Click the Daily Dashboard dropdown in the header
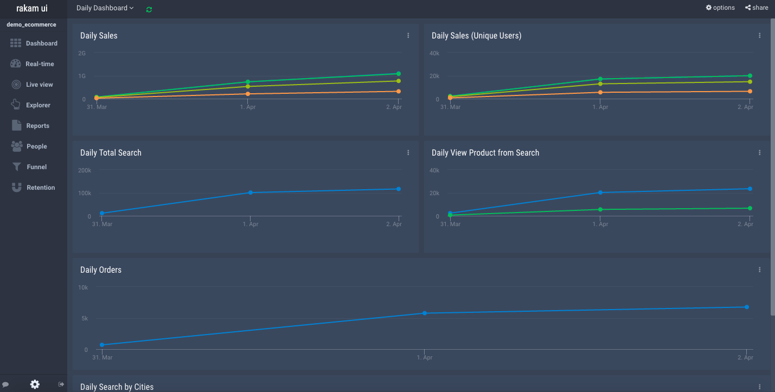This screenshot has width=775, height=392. (x=105, y=8)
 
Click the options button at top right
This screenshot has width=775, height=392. (x=720, y=8)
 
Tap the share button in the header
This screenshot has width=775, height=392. (x=757, y=8)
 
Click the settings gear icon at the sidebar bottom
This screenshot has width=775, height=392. (x=35, y=384)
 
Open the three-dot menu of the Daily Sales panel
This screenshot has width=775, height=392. (x=408, y=36)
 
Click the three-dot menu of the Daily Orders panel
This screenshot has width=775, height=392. (x=760, y=270)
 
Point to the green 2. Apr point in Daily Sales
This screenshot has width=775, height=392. (x=399, y=74)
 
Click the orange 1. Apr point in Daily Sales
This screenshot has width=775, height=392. (x=248, y=94)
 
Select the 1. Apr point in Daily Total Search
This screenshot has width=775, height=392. (x=250, y=192)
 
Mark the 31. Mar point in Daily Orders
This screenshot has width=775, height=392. (x=102, y=345)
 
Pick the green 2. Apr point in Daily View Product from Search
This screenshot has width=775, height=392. (x=750, y=208)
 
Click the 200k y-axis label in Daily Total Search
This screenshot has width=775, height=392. (x=85, y=170)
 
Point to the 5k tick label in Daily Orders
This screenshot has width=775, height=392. (x=85, y=319)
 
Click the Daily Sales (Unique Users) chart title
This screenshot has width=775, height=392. (x=476, y=36)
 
